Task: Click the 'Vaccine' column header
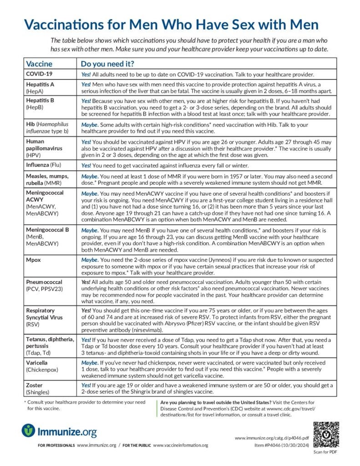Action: tap(39, 64)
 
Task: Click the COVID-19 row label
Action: tap(39, 74)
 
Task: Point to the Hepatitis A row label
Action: tap(40, 84)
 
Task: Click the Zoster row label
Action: tap(35, 385)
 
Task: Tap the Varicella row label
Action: tap(39, 363)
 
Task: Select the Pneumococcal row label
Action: tap(44, 282)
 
